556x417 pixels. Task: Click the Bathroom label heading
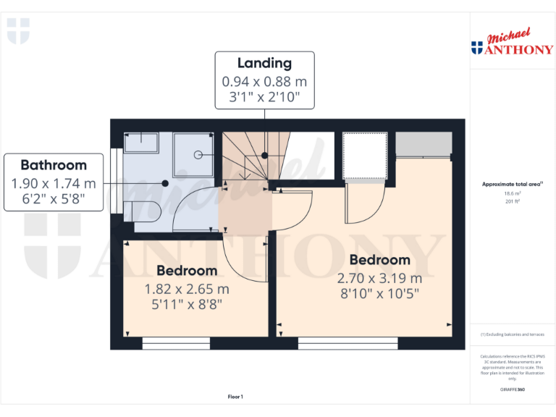tap(53, 165)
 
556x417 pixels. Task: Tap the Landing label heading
tap(264, 64)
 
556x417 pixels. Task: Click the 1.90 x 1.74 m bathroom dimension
tap(54, 184)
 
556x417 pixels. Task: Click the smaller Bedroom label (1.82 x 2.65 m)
tap(187, 271)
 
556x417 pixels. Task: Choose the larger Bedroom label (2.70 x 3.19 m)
tap(379, 260)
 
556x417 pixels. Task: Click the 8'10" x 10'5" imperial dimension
tap(379, 294)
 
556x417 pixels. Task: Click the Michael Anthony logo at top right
tap(511, 43)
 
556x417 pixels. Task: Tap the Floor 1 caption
tap(235, 397)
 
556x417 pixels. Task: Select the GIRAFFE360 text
tap(512, 389)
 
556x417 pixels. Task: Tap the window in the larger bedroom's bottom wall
tap(347, 344)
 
